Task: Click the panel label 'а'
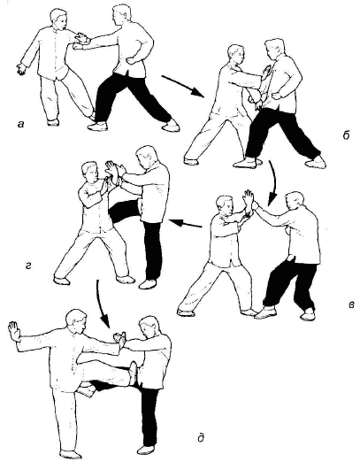click(x=20, y=125)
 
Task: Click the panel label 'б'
click(x=346, y=135)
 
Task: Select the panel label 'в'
click(x=351, y=304)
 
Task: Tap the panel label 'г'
click(x=28, y=266)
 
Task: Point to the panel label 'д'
click(x=200, y=438)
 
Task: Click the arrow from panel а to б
click(x=183, y=86)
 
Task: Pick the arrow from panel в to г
click(x=185, y=223)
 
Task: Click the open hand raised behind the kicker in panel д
click(x=13, y=331)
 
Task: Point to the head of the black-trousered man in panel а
click(x=121, y=15)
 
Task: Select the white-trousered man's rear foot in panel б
click(x=191, y=161)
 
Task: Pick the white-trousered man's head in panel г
click(x=89, y=173)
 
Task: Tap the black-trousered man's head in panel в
click(x=295, y=203)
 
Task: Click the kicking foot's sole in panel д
click(x=134, y=373)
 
